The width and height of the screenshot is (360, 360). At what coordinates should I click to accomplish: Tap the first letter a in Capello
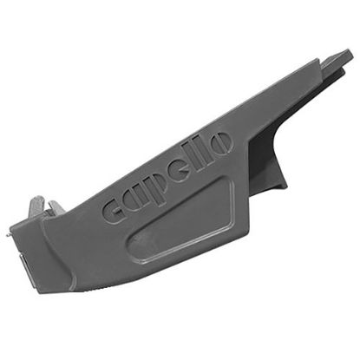(x=141, y=196)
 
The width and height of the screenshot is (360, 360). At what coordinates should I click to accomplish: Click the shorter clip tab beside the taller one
(x=56, y=208)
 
